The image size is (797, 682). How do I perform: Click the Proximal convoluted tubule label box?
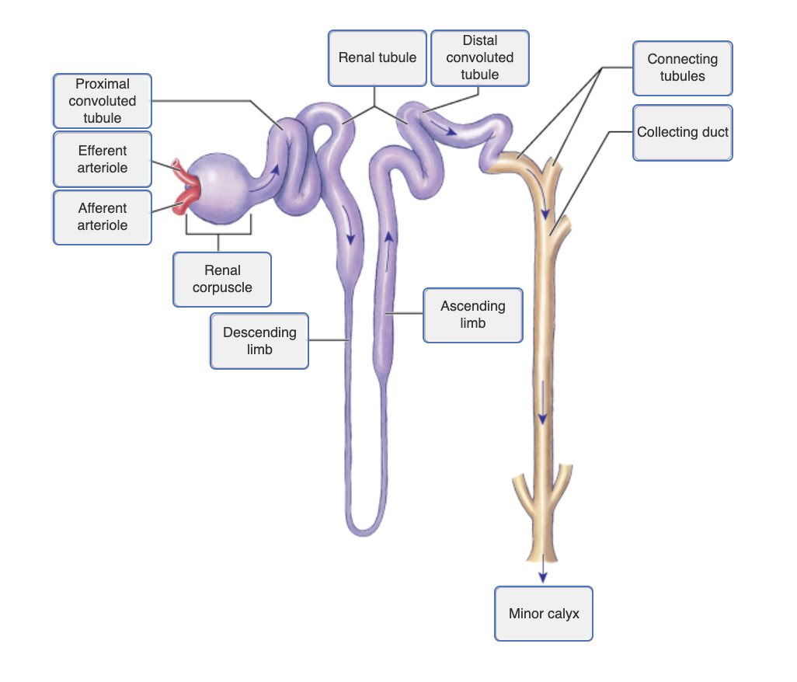(x=103, y=101)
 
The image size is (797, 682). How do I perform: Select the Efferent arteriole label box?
(x=103, y=159)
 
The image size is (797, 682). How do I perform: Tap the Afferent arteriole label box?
(x=103, y=217)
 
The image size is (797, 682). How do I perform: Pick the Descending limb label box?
(x=259, y=341)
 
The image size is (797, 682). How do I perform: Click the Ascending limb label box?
(x=472, y=315)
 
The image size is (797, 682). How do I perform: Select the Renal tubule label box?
(x=378, y=57)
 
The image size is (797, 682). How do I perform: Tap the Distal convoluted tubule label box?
(x=479, y=57)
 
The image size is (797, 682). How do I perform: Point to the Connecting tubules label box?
(x=682, y=68)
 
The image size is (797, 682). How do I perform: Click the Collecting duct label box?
(x=682, y=133)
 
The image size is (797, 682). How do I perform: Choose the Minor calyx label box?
(x=544, y=614)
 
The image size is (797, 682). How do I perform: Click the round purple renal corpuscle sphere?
(x=221, y=187)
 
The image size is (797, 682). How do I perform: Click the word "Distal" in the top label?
(x=479, y=40)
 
